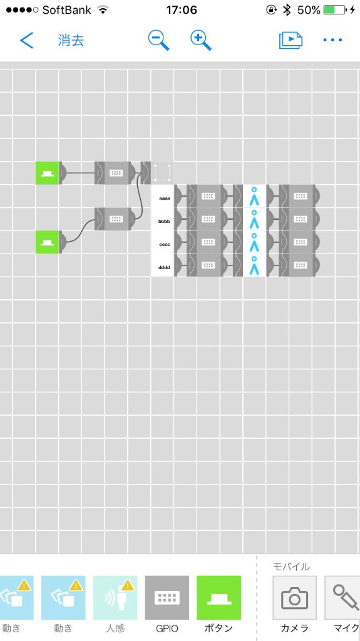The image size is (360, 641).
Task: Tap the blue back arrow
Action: tap(26, 41)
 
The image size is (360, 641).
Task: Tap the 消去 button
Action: tap(71, 41)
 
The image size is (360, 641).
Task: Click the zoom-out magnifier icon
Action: tap(158, 41)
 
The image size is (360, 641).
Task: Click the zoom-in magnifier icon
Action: tap(201, 41)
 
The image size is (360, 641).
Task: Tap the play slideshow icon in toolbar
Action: tap(291, 40)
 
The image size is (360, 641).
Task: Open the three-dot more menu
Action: tap(332, 40)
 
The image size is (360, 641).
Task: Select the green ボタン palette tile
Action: tap(219, 598)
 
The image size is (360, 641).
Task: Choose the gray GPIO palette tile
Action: tap(167, 598)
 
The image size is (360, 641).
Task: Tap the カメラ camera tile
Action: tap(294, 598)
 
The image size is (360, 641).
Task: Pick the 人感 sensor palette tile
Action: tap(115, 598)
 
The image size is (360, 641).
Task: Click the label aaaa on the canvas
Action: tap(165, 198)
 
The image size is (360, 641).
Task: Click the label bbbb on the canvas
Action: tap(165, 222)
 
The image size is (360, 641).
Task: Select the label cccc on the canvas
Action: tap(165, 245)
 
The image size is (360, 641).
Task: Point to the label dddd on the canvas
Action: tap(165, 268)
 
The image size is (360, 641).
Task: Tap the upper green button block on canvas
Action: tap(47, 173)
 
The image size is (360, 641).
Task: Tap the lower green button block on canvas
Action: tap(47, 242)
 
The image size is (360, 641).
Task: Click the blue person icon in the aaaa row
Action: tap(254, 196)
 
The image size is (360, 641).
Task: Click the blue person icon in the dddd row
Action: tap(254, 265)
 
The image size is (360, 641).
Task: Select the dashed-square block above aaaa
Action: tap(162, 173)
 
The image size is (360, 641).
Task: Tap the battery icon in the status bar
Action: tap(335, 10)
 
